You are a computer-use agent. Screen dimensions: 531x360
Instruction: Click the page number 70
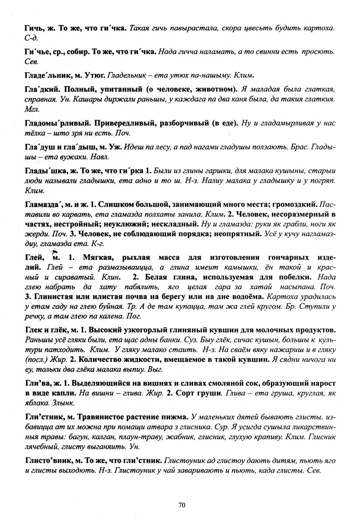(182, 505)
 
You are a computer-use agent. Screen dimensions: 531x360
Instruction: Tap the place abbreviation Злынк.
(64, 403)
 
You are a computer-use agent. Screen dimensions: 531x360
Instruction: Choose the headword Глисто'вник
(48, 461)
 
